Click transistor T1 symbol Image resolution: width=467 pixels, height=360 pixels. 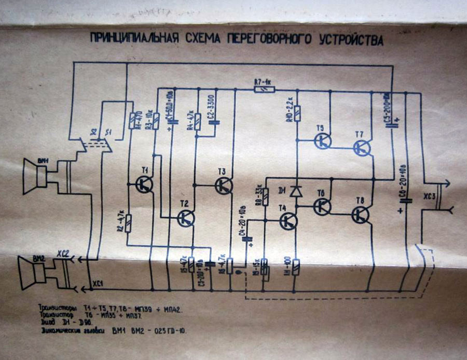(x=143, y=184)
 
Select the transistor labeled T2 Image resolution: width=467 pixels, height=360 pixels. (x=185, y=218)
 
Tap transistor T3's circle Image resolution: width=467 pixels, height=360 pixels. (x=224, y=186)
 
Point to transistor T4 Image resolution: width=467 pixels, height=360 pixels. (x=288, y=221)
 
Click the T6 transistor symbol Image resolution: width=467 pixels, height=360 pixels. (x=322, y=206)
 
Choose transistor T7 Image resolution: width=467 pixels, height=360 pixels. (x=362, y=148)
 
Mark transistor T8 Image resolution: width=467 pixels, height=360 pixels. (x=360, y=214)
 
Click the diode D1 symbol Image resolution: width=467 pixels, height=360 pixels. (x=296, y=191)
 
